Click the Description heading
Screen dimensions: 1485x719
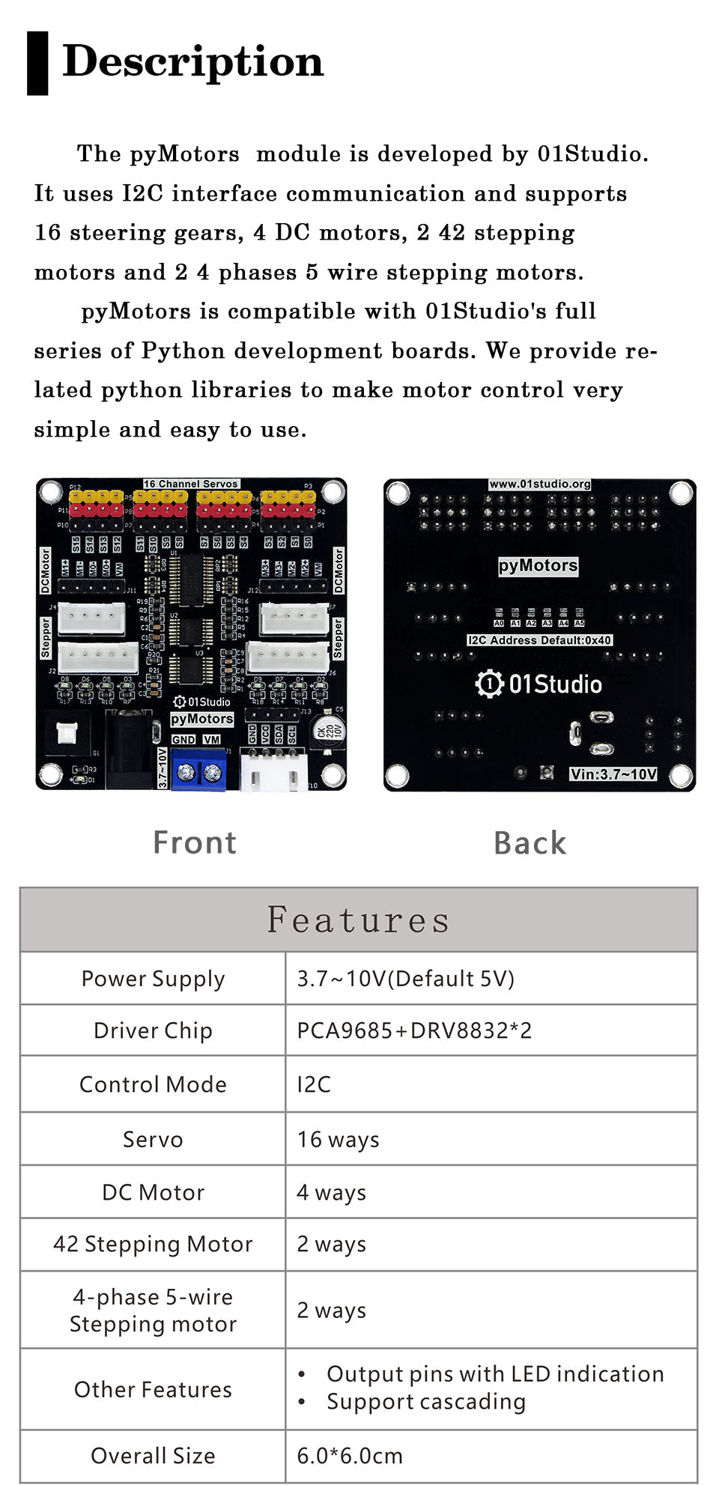(x=193, y=61)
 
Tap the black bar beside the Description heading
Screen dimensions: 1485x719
(x=37, y=63)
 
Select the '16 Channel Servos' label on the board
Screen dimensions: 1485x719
(x=191, y=484)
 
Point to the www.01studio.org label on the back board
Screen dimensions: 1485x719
(x=539, y=484)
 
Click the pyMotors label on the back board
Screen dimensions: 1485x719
(x=539, y=565)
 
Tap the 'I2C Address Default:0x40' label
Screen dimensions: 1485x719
(x=539, y=640)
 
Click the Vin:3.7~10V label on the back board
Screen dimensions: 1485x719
(x=613, y=774)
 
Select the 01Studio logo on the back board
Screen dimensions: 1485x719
(x=539, y=684)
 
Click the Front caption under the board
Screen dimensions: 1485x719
(x=195, y=842)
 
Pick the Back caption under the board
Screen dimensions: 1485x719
(x=530, y=843)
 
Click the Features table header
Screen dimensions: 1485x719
(x=359, y=920)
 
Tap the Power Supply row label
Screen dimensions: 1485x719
(x=153, y=979)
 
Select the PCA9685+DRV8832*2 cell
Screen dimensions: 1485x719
(x=414, y=1030)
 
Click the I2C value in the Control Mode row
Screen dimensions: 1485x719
(x=314, y=1084)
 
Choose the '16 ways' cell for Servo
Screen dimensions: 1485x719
(x=338, y=1139)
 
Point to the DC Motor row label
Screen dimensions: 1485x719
(x=153, y=1192)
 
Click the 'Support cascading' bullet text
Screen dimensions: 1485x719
(x=425, y=1402)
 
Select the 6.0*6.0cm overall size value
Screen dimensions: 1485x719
(x=350, y=1456)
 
